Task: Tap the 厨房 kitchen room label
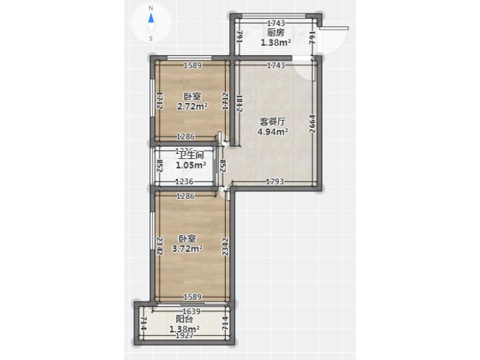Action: tap(275, 32)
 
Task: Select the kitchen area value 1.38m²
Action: tap(275, 42)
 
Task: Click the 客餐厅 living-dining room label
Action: tap(272, 121)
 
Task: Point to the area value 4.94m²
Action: tap(272, 131)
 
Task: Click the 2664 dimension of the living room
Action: tap(312, 124)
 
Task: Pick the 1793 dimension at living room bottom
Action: tap(275, 182)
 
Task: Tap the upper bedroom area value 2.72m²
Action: tap(192, 107)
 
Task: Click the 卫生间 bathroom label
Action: tap(191, 155)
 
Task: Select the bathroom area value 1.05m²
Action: tap(191, 165)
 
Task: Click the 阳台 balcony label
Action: tap(184, 319)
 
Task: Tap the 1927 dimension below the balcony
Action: tap(184, 336)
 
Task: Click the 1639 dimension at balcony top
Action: tap(191, 311)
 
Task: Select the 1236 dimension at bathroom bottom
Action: tap(184, 181)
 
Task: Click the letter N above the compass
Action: tap(151, 8)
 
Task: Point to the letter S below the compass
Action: tap(151, 38)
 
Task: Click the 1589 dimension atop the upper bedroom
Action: tap(193, 66)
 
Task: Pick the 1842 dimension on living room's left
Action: tap(240, 104)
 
